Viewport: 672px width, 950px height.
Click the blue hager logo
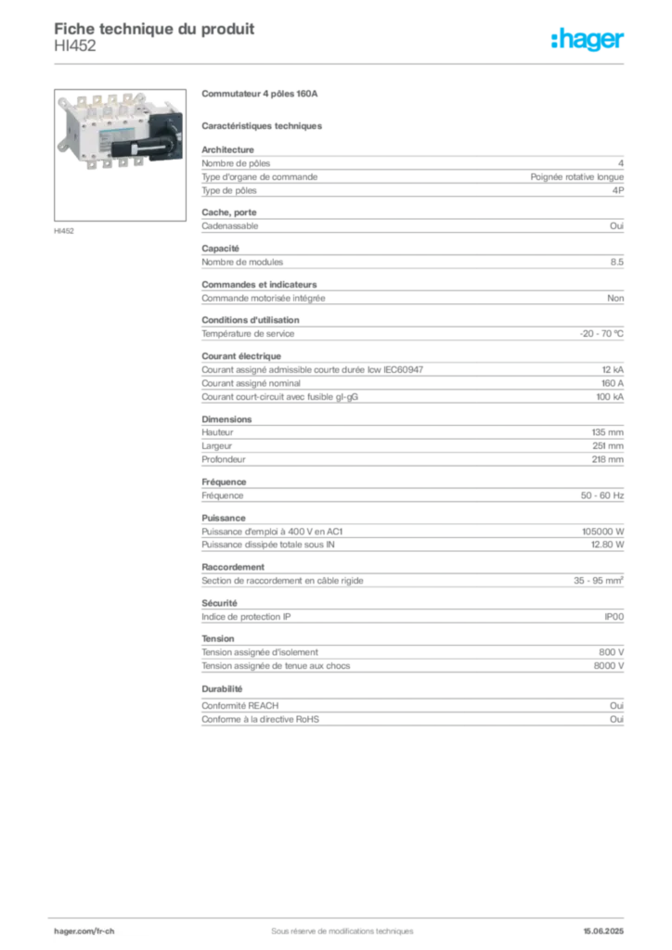tap(588, 40)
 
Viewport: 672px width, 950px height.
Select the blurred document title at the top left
tap(154, 28)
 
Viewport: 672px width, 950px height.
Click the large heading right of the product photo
tap(260, 95)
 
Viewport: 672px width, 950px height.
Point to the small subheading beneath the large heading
tap(264, 124)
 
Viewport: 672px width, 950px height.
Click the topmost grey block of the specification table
tap(412, 173)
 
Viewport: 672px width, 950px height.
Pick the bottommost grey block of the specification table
tap(412, 707)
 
